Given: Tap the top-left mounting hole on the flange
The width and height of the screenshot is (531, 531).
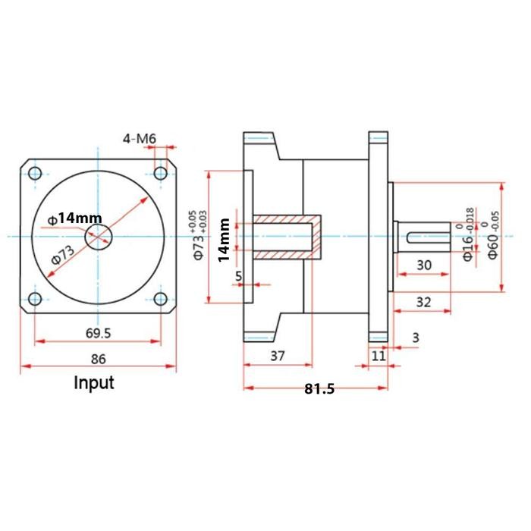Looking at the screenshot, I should pos(35,174).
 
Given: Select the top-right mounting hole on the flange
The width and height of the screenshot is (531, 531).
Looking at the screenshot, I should pos(160,174).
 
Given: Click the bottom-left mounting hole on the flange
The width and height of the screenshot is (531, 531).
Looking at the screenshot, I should pos(35,298).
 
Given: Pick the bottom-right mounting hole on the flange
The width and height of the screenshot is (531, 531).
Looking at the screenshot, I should pos(160,298).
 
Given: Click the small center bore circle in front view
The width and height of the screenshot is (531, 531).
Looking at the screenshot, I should pos(97,237).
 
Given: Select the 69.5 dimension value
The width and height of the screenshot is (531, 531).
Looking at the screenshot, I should pos(96,331).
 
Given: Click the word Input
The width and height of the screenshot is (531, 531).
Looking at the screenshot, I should pos(93,382).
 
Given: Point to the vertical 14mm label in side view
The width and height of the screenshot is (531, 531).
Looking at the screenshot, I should pos(223,240).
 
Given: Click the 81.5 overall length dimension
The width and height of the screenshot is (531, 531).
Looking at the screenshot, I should pos(319,389).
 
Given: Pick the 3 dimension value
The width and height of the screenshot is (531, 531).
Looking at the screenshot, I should pos(415,337).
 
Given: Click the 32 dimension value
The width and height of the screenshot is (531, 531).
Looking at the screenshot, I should pos(423,301).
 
